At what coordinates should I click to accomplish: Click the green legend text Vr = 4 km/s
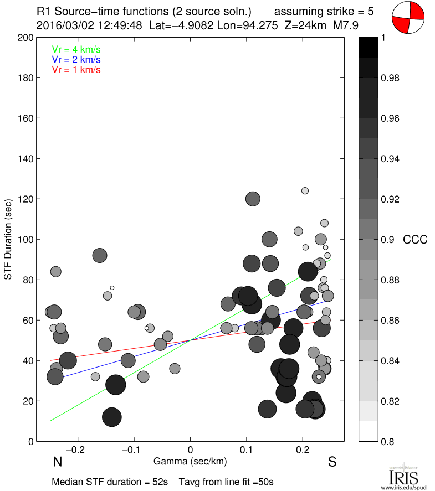click(76, 49)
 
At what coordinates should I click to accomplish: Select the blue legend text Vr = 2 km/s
click(76, 59)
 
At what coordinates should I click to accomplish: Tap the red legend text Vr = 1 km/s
click(76, 70)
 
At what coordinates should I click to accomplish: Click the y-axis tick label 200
click(25, 38)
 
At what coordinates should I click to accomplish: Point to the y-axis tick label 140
click(25, 159)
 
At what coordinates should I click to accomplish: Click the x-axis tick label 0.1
click(247, 450)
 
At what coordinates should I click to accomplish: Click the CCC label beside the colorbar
click(415, 240)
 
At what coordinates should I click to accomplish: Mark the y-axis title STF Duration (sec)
click(8, 240)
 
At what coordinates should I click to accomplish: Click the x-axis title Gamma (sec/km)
click(190, 461)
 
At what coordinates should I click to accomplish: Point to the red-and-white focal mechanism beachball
click(408, 17)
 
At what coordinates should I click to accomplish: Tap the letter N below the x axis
click(57, 462)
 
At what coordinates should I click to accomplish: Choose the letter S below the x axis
click(332, 462)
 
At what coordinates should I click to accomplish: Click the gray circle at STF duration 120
click(253, 199)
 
